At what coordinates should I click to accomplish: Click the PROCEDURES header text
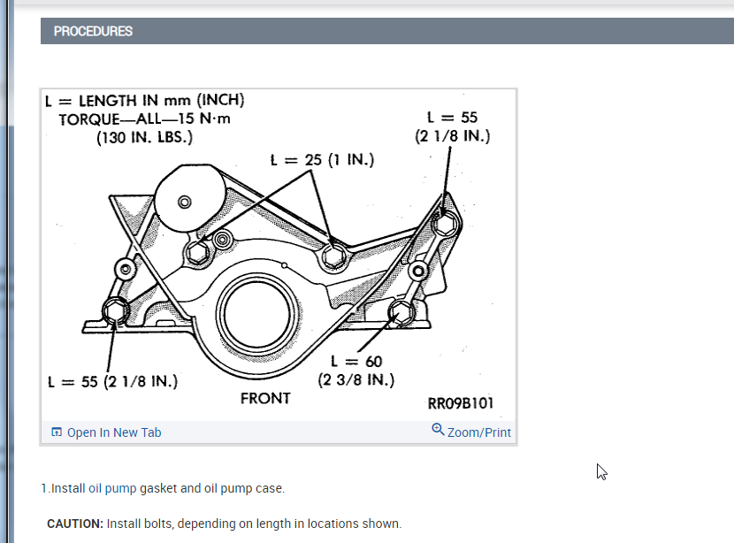click(x=93, y=31)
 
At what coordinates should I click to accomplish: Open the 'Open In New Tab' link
click(x=114, y=432)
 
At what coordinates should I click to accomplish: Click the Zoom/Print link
click(x=479, y=432)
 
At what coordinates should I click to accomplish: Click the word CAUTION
click(x=75, y=524)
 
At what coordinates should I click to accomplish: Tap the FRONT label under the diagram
click(x=265, y=398)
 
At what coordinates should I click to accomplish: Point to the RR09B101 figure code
click(x=460, y=404)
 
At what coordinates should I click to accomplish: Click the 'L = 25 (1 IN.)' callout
click(x=322, y=160)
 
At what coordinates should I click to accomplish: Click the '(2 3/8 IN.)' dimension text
click(x=356, y=380)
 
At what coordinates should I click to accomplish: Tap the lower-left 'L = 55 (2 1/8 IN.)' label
click(x=113, y=382)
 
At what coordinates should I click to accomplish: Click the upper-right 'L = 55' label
click(x=452, y=117)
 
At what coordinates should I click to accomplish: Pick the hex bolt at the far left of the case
click(x=117, y=310)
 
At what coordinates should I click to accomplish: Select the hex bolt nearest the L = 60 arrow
click(x=400, y=311)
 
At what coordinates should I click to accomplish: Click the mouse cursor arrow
click(x=601, y=470)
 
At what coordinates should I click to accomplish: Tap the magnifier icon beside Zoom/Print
click(x=438, y=430)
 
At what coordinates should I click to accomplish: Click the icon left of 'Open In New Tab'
click(x=57, y=432)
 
